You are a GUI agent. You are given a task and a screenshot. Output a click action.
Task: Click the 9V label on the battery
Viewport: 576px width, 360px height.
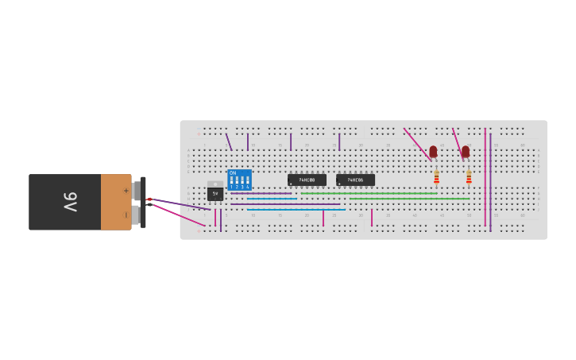[x=70, y=202]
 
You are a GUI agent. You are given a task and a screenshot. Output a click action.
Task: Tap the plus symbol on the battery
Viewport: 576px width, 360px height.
[x=126, y=191]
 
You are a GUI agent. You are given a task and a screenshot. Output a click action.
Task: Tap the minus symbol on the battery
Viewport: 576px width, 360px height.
[x=126, y=215]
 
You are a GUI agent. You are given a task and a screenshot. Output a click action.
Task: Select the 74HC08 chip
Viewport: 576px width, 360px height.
[x=307, y=180]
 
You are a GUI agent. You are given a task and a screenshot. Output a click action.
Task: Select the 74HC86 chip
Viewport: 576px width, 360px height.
[x=355, y=180]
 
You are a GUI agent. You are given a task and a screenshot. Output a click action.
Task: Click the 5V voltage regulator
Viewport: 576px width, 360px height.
[x=215, y=192]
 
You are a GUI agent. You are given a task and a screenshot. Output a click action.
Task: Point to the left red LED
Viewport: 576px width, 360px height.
[x=433, y=151]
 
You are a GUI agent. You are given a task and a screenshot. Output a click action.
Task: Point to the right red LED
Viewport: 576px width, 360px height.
[x=466, y=151]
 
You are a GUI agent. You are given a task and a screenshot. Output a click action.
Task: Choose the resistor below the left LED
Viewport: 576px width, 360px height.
[x=436, y=176]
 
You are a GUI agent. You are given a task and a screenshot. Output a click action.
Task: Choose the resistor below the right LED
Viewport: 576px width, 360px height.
[x=469, y=176]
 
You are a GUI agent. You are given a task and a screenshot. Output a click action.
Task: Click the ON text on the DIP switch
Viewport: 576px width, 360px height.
[x=233, y=172]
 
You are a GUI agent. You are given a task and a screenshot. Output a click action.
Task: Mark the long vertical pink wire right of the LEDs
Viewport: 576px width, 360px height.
[x=485, y=179]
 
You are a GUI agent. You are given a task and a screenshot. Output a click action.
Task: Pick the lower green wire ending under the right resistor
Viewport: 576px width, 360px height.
[x=409, y=199]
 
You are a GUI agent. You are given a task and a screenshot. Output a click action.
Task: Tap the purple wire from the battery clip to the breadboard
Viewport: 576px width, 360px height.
[x=179, y=204]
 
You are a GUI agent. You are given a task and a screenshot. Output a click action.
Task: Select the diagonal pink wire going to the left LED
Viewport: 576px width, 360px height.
[x=416, y=143]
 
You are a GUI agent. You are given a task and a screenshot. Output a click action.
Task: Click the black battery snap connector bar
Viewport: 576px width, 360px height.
[x=143, y=202]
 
